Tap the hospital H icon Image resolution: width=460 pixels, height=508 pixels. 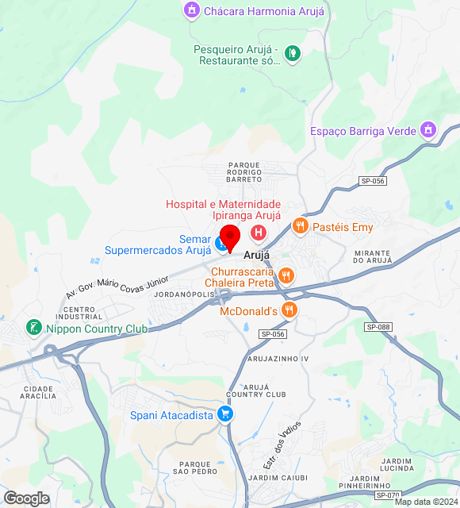pos(258,233)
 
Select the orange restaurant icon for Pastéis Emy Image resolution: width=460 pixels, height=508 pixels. pos(299,226)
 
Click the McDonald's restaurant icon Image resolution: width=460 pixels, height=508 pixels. pos(291,310)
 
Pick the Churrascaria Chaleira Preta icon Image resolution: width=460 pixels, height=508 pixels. pos(286,276)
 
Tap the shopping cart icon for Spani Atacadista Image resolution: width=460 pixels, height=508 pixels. pos(226,414)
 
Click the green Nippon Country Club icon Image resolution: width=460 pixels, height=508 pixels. pos(33,327)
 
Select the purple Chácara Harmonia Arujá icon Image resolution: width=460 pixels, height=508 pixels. pos(191,11)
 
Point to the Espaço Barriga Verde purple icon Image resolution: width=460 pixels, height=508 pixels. pos(428,129)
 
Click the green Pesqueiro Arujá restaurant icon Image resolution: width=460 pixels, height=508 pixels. pos(293,53)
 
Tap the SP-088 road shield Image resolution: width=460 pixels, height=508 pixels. pos(378,327)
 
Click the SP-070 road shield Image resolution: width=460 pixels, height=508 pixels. pos(388,495)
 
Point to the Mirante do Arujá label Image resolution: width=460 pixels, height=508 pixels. pos(373,256)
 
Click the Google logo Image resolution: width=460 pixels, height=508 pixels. pos(26,498)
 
